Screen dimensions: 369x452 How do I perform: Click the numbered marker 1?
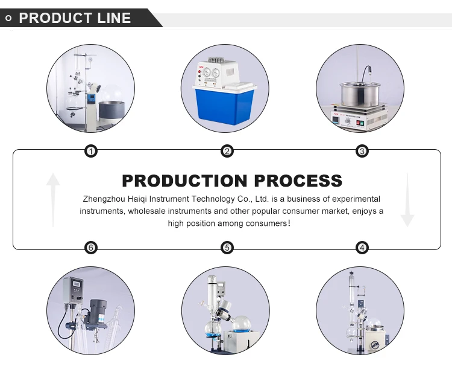(x=91, y=151)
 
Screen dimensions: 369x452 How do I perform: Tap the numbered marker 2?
(x=227, y=151)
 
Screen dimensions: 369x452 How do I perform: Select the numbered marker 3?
(x=362, y=151)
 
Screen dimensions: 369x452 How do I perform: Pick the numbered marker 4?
(x=362, y=248)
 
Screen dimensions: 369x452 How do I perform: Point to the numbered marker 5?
(x=227, y=248)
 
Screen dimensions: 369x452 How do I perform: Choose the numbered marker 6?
(x=91, y=248)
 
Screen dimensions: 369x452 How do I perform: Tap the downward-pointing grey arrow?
(x=407, y=199)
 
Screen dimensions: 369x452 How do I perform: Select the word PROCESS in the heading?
(x=298, y=181)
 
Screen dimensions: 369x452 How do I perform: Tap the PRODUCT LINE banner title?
(x=75, y=18)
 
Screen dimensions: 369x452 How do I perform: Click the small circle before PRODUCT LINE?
(x=9, y=18)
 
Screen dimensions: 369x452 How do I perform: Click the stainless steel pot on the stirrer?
(x=359, y=93)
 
